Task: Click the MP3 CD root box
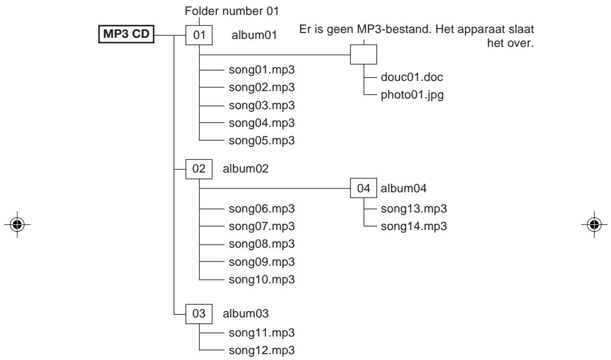pos(126,34)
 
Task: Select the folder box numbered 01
pos(199,35)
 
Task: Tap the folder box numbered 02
pos(199,169)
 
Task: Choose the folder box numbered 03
pos(199,314)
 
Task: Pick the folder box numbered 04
pos(364,188)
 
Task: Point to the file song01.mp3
pos(261,70)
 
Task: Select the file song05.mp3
pos(261,141)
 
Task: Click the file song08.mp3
pos(261,244)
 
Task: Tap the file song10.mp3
pos(261,280)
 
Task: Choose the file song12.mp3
pos(261,350)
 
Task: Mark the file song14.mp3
pos(414,226)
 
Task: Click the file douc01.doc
pos(412,77)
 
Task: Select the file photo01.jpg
pos(412,95)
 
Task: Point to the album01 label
pos(254,35)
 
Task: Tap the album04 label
pos(403,189)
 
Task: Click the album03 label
pos(245,314)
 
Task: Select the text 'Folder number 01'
pos(232,11)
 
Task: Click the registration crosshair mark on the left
pos(17,224)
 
